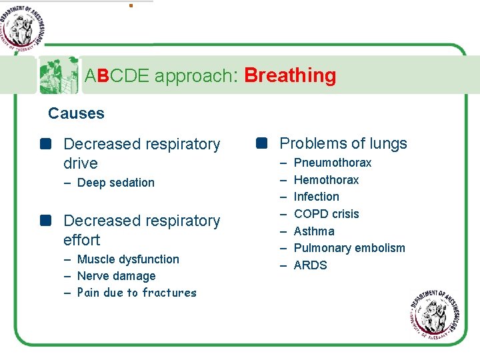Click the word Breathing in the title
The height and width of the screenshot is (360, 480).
[290, 75]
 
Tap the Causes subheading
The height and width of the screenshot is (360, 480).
[76, 113]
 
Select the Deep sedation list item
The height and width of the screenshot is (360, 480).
[115, 183]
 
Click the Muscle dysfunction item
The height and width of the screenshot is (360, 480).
[128, 259]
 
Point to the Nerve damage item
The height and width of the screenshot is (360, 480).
[116, 276]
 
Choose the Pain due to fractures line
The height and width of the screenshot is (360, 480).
[137, 293]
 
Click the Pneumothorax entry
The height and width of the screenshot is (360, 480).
[332, 163]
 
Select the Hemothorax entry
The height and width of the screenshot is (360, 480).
[326, 180]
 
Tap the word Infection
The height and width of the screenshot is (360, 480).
[316, 197]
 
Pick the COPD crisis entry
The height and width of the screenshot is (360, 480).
[326, 214]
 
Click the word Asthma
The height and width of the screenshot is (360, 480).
[314, 231]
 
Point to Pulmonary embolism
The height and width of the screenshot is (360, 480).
[349, 248]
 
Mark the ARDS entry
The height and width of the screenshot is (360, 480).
[310, 265]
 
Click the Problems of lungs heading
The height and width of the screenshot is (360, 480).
[343, 143]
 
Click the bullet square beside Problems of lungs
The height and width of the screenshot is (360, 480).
[261, 143]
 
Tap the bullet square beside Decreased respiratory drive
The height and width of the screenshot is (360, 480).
[45, 144]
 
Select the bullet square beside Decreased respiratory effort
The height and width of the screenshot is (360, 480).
[45, 221]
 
